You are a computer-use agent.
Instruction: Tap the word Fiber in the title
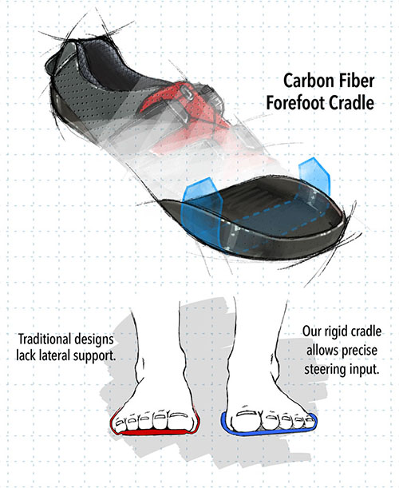pos(355,81)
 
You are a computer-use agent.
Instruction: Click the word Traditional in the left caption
pos(44,339)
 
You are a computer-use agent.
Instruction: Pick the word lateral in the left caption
pos(51,355)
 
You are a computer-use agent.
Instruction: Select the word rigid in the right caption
pos(336,331)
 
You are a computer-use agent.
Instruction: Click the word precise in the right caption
pos(359,351)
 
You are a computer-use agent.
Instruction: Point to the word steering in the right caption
pos(325,371)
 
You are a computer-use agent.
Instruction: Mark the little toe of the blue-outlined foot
pos(309,421)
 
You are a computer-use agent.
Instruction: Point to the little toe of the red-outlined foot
pos(120,423)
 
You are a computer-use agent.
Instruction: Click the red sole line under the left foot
pos(153,432)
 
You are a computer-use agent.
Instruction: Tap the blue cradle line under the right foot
pos(269,432)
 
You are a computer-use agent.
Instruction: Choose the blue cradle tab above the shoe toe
pos(314,174)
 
